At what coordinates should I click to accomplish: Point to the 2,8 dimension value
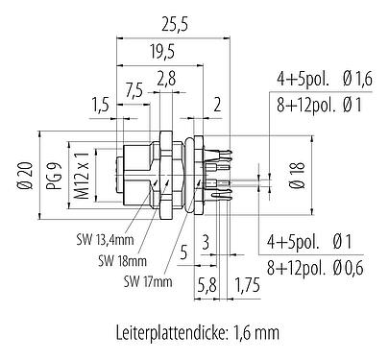(x=167, y=79)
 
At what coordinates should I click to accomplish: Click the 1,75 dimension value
(x=248, y=285)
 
